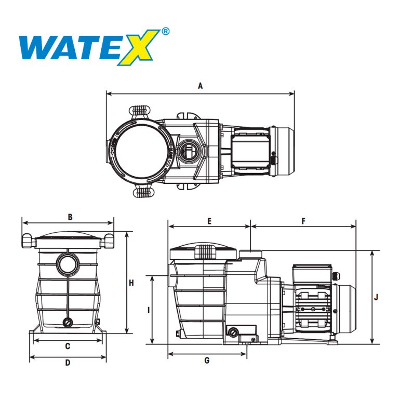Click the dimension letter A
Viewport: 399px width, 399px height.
201,86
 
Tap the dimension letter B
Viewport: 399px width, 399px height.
70,217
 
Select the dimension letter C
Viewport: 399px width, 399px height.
68,346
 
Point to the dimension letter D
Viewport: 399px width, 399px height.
68,363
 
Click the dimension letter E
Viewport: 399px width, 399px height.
209,221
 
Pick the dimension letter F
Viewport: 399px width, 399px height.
303,221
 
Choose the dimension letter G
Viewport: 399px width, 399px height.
207,361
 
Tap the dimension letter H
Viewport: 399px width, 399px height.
131,283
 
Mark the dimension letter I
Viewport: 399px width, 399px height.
149,310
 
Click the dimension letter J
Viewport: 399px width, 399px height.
376,297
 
